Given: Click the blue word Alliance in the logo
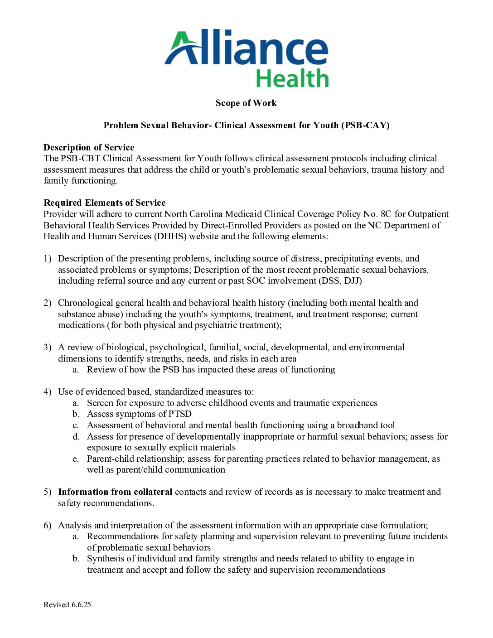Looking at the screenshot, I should [x=246, y=48].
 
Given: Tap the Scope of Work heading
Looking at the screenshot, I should [x=246, y=103].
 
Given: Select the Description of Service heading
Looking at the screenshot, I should [x=89, y=147].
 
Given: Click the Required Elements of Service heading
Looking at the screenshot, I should [x=104, y=203].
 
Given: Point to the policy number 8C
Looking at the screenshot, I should [x=386, y=214].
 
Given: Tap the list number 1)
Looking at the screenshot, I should [x=48, y=258].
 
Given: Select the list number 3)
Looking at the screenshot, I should [x=48, y=347].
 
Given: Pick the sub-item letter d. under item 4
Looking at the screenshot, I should [x=76, y=436].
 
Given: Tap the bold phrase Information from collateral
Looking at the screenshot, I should [x=115, y=492].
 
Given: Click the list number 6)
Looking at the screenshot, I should [x=48, y=525].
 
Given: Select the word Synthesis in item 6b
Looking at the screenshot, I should [x=106, y=558].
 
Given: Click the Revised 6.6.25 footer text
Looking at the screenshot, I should [x=67, y=604].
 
